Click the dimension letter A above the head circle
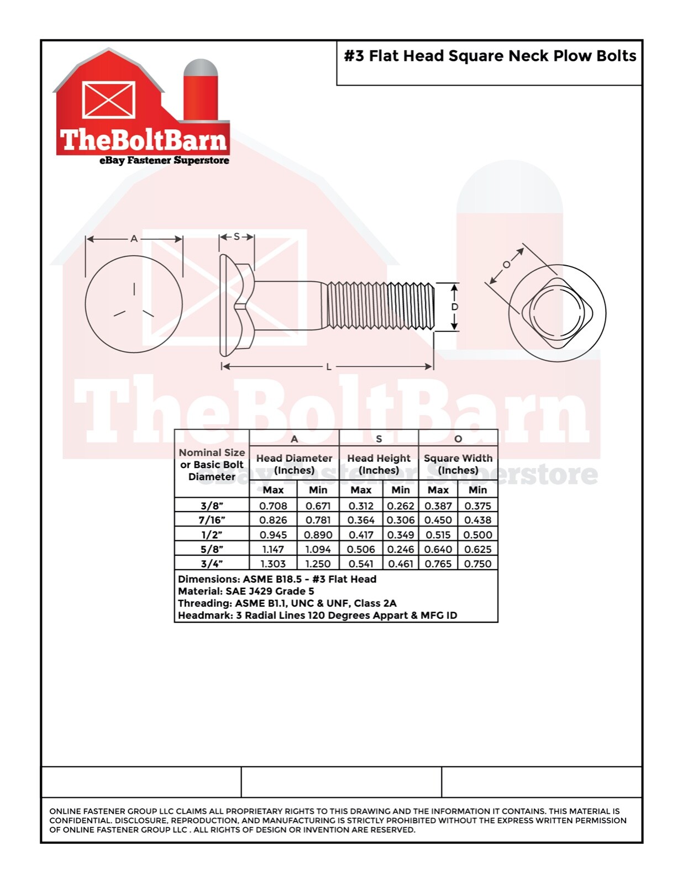point(134,239)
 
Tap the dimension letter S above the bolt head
point(237,237)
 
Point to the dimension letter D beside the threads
point(455,307)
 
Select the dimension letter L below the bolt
point(329,367)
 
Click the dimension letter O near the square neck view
point(507,265)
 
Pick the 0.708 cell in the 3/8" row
point(273,506)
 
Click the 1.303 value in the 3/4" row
point(273,564)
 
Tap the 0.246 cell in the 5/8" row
point(400,549)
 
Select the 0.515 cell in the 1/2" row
point(438,535)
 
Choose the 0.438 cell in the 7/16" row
point(477,520)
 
